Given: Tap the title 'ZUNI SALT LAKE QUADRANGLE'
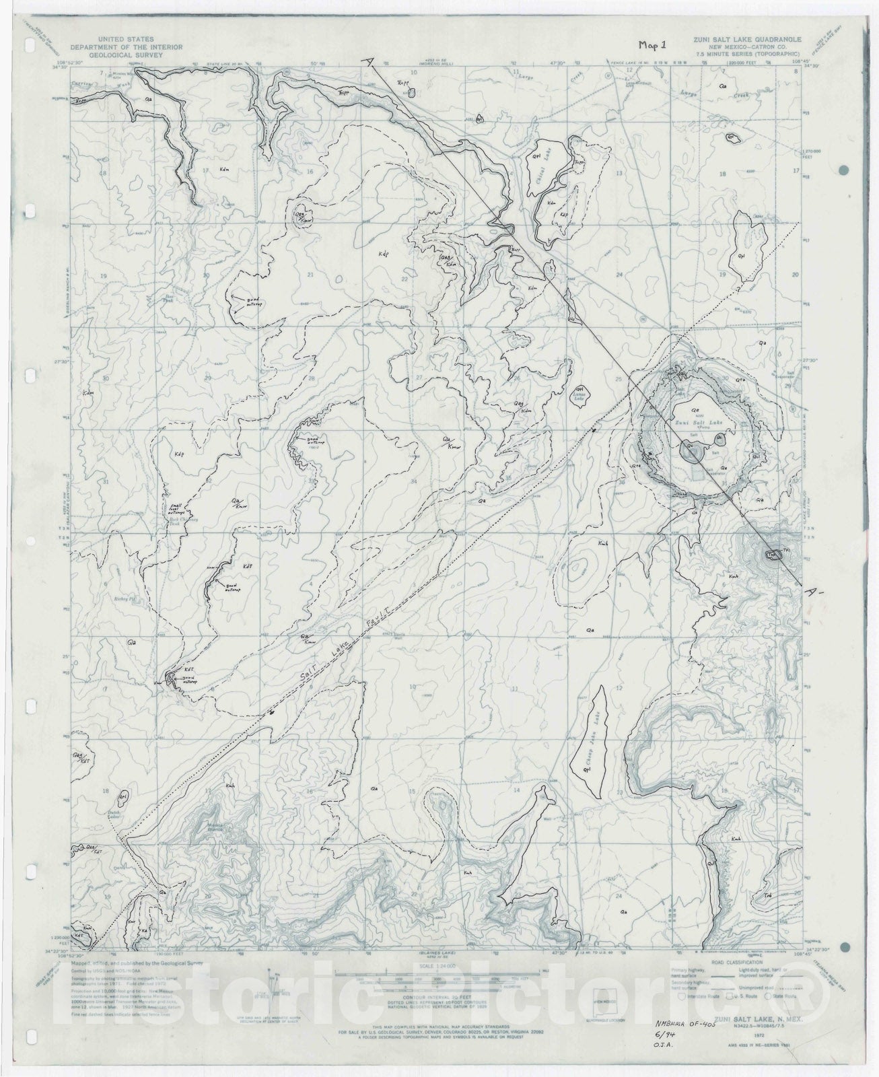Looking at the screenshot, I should (746, 40).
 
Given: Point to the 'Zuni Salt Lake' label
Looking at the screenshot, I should (695, 422).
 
